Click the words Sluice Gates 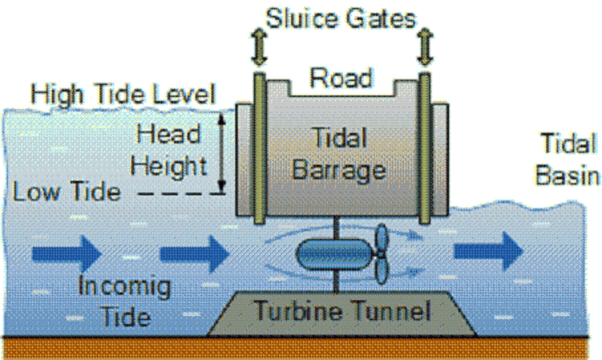(341, 19)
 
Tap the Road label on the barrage (342, 78)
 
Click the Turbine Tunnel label (342, 310)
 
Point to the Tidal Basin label (567, 159)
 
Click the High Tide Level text (123, 94)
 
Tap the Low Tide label (66, 191)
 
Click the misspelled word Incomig (124, 287)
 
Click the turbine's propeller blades (381, 254)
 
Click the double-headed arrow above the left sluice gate (260, 46)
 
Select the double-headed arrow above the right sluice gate (425, 46)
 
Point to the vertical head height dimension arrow (221, 153)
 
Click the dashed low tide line (181, 193)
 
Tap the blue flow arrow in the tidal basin (489, 251)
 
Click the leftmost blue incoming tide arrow (66, 254)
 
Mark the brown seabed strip (296, 349)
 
